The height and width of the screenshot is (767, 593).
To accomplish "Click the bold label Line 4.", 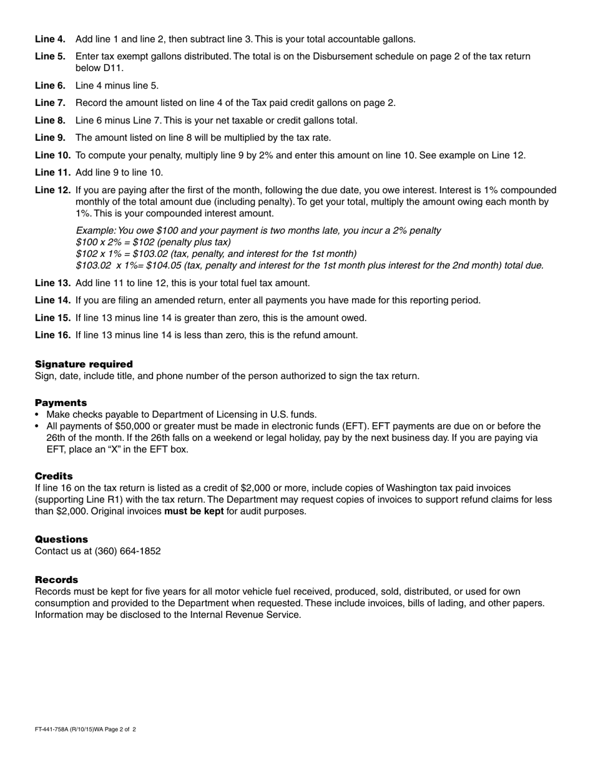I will [50, 39].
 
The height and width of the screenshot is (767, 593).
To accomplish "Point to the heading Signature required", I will [84, 364].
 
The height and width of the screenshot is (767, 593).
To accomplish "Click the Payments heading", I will [61, 403].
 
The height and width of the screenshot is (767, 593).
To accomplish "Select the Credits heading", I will [54, 476].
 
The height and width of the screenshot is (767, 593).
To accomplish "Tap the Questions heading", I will [61, 539].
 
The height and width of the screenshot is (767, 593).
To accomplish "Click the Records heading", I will [56, 580].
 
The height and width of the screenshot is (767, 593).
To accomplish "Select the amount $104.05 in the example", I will [164, 265].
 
